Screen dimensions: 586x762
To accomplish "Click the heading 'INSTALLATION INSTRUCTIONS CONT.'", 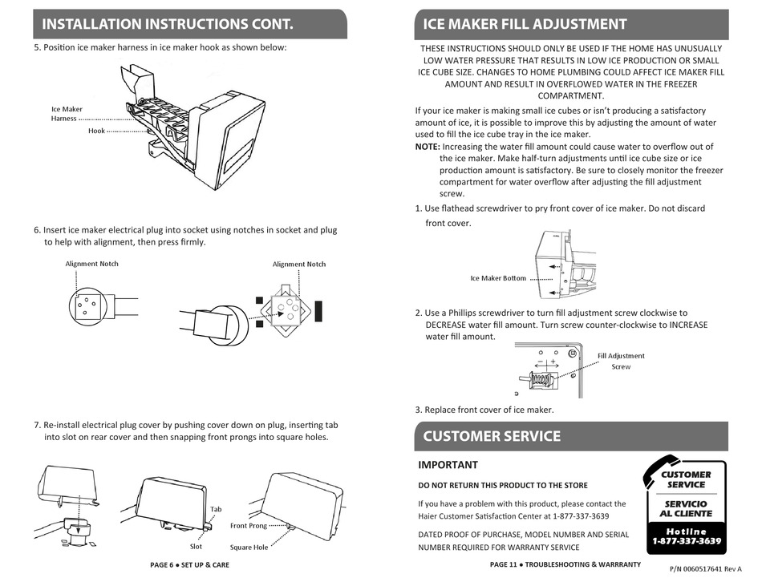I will [168, 24].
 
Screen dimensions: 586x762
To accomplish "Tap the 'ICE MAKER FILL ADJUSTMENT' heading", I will [525, 24].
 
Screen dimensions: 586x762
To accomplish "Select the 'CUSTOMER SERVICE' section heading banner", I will [492, 436].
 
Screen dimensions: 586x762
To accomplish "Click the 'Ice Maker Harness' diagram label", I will [67, 114].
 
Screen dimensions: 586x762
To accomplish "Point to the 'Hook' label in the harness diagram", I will [96, 131].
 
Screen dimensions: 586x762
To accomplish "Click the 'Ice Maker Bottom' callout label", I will [498, 278].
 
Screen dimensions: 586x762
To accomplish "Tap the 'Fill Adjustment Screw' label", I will [621, 361].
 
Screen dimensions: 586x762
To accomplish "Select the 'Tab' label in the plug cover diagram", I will [216, 509].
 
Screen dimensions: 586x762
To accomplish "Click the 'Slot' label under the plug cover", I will [196, 547].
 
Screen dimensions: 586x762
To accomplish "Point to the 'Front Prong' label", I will [249, 526].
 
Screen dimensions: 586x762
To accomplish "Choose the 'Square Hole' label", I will [249, 548].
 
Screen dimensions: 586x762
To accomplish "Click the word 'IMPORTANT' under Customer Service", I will [448, 465].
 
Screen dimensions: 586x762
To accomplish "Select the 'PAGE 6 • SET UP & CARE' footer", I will [189, 565].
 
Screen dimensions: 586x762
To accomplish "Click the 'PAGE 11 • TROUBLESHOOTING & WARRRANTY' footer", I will [565, 564].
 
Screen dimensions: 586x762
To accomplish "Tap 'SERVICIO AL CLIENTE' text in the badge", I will [686, 508].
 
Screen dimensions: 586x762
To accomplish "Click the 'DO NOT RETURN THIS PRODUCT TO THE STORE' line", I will [503, 485].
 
